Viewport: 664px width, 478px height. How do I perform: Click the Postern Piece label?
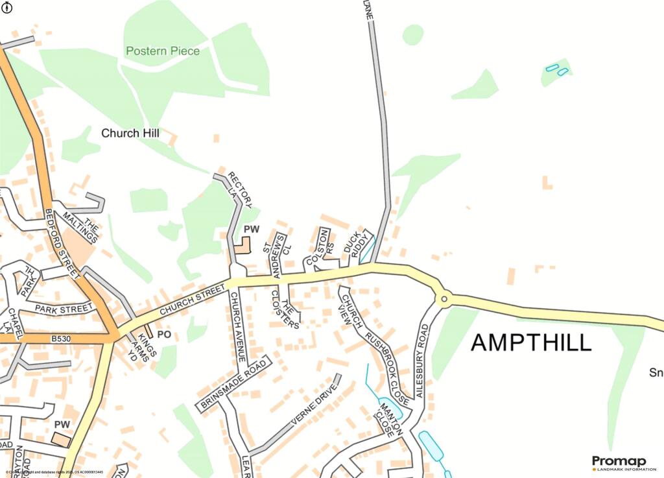[x=163, y=51]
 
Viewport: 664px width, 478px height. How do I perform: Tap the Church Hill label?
[x=130, y=133]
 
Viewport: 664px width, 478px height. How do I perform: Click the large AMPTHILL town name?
[x=531, y=342]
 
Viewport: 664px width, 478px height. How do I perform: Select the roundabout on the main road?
[x=444, y=299]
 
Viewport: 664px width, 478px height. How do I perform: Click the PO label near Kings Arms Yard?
[x=164, y=335]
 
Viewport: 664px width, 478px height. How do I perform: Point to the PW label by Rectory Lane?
[x=251, y=230]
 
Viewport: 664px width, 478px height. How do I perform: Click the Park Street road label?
[x=64, y=309]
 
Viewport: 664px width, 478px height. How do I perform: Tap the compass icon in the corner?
[x=7, y=7]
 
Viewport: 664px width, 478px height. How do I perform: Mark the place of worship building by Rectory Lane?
[x=242, y=246]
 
